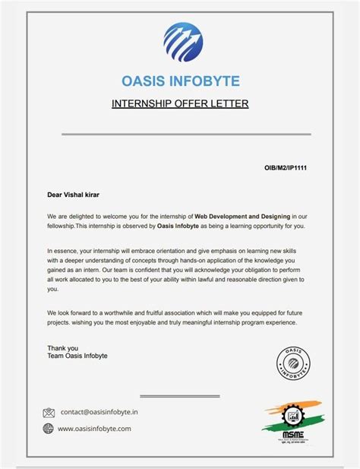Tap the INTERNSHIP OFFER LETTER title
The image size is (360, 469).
180,103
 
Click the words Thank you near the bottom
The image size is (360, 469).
62,348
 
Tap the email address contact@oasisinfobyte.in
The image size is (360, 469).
99,412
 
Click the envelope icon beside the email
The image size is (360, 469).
49,413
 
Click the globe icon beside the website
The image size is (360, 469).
49,429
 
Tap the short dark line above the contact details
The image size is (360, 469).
180,395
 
